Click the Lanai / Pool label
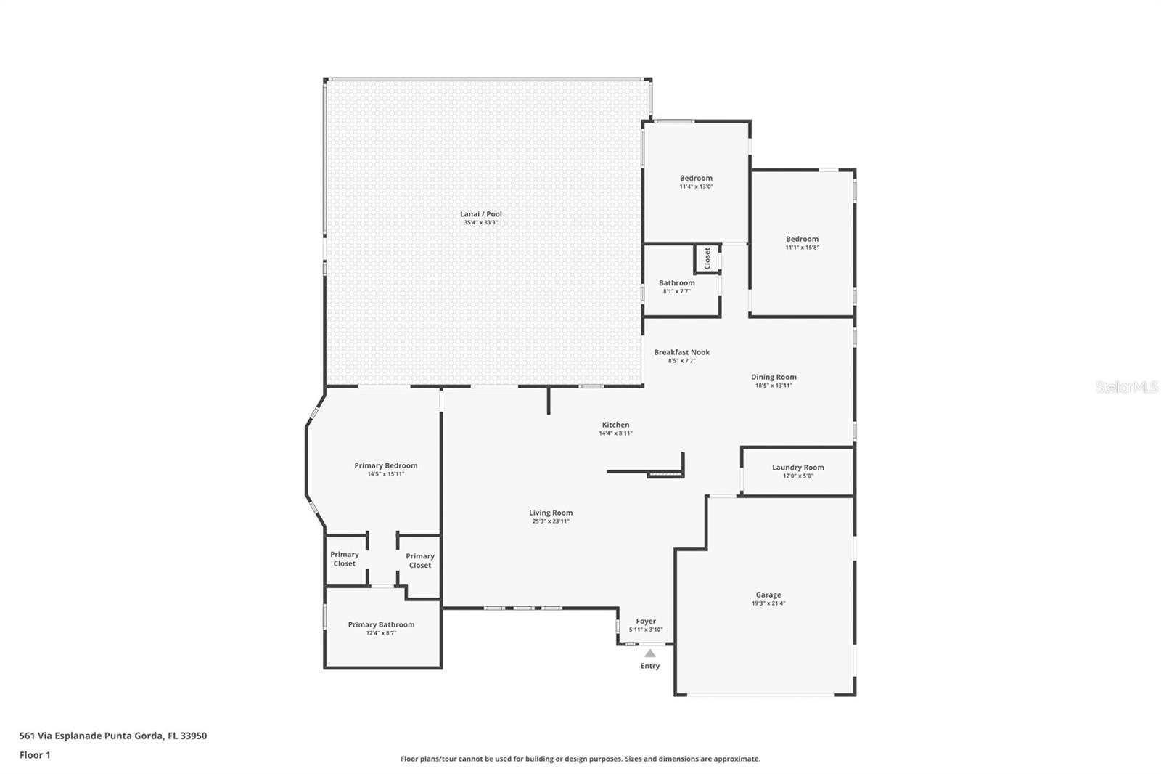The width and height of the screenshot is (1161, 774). click(481, 214)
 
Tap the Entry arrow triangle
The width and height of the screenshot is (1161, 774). click(650, 653)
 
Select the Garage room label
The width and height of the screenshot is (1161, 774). click(768, 595)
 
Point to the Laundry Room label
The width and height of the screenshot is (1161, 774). click(797, 468)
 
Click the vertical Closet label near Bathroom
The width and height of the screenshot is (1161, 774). click(707, 258)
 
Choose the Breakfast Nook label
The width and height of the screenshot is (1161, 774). click(681, 352)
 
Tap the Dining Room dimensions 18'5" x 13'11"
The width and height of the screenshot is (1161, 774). click(774, 386)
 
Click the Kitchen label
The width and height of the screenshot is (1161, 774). click(615, 425)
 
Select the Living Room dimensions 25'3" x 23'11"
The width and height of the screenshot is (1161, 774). click(550, 521)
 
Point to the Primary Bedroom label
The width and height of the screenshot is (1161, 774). click(385, 465)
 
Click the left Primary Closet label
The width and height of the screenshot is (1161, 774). click(345, 558)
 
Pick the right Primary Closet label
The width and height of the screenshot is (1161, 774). click(420, 561)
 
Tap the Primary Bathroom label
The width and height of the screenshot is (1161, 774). click(381, 624)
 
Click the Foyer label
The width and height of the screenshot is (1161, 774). click(646, 621)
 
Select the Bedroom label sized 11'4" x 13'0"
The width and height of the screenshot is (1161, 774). click(696, 178)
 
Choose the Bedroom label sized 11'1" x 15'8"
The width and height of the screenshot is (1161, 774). click(802, 239)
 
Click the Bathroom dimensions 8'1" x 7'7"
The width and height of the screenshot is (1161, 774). click(676, 291)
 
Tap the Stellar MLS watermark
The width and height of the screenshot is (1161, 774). click(1126, 387)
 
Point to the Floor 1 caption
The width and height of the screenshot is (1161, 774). click(35, 755)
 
